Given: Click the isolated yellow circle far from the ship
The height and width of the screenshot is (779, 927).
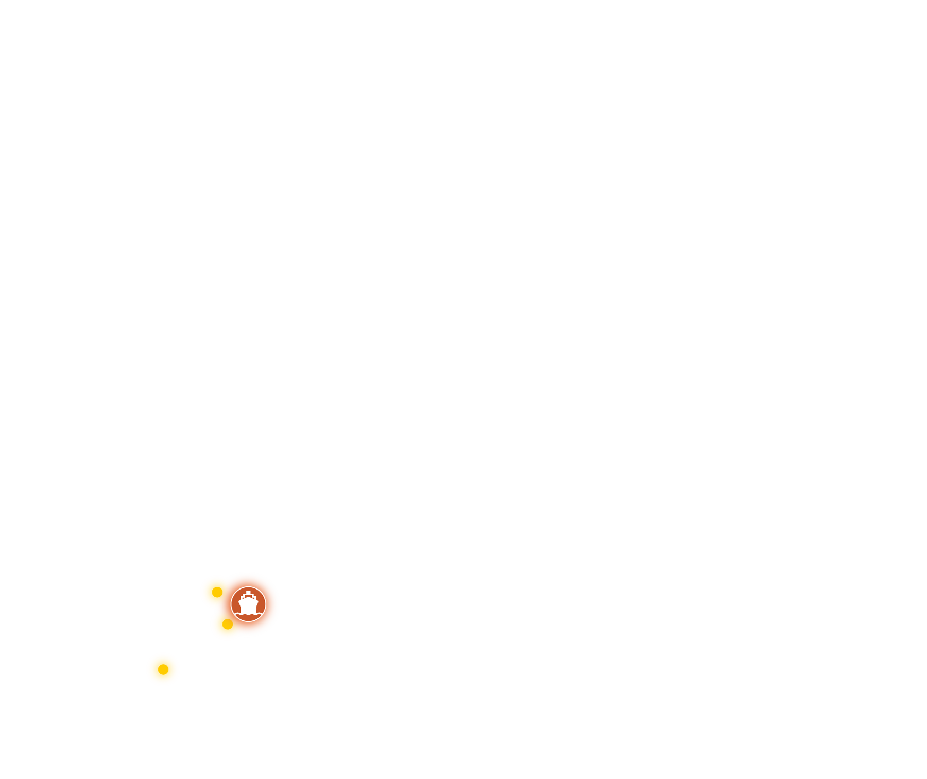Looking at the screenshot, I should (x=163, y=669).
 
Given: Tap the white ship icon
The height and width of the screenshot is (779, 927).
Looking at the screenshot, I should (x=248, y=603).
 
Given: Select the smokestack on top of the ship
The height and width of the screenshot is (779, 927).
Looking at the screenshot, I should (x=248, y=593).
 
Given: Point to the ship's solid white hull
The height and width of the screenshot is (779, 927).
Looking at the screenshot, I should (x=248, y=606).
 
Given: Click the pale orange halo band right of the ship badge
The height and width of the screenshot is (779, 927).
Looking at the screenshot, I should (x=272, y=604).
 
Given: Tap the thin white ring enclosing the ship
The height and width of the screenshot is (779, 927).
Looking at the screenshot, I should (x=266, y=604).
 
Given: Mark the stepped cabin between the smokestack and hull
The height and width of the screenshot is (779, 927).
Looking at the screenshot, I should (x=248, y=597).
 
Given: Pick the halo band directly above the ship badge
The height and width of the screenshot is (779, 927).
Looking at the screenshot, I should (x=248, y=579).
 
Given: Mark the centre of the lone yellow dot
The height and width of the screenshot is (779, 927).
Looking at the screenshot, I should (x=163, y=669).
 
